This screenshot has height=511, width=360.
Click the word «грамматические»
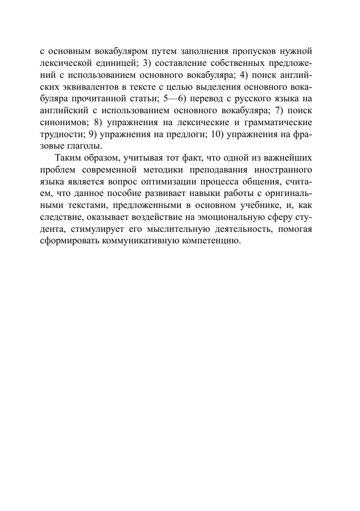click(x=278, y=123)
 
